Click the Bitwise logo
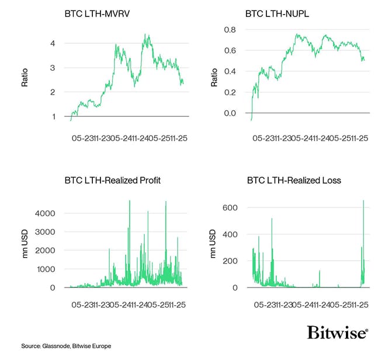point(337,333)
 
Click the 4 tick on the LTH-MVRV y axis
point(53,43)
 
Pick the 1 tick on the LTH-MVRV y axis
point(53,116)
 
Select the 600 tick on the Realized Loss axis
point(229,207)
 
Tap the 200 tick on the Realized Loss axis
point(229,261)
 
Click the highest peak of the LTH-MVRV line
point(145,35)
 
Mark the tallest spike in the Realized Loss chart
point(363,201)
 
